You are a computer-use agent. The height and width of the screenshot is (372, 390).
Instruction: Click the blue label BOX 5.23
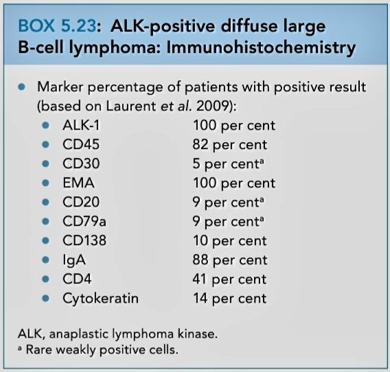tap(57, 26)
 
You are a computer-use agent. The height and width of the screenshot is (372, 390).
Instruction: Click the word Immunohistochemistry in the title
tap(261, 47)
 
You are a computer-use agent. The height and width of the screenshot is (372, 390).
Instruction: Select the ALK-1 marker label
tap(81, 125)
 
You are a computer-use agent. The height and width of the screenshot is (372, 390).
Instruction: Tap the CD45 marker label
tap(81, 144)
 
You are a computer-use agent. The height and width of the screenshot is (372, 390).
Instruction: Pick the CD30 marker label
tap(81, 163)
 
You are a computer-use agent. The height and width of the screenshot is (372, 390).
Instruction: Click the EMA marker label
tap(78, 183)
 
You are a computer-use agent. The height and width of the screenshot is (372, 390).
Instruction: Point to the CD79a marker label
tap(84, 221)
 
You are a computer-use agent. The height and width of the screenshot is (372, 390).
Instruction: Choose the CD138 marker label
tap(84, 240)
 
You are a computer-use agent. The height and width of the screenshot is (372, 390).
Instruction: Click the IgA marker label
tap(74, 260)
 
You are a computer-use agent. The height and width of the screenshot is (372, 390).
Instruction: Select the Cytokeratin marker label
tap(100, 298)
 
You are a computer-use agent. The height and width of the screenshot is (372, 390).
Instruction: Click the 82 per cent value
tap(229, 145)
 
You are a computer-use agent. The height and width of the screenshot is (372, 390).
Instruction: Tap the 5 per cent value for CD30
tap(228, 164)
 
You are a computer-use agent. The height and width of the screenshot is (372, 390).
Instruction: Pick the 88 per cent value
tap(229, 260)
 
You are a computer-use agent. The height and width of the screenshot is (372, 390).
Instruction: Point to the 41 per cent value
tap(229, 279)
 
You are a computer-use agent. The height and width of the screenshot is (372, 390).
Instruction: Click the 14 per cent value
tap(229, 299)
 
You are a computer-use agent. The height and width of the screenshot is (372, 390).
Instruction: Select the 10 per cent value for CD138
tap(229, 241)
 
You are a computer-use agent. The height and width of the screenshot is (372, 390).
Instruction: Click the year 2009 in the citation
tap(213, 106)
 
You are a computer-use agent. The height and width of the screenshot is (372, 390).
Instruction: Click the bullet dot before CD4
tap(46, 279)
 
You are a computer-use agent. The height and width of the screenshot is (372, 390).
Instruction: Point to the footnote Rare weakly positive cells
tap(102, 349)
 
